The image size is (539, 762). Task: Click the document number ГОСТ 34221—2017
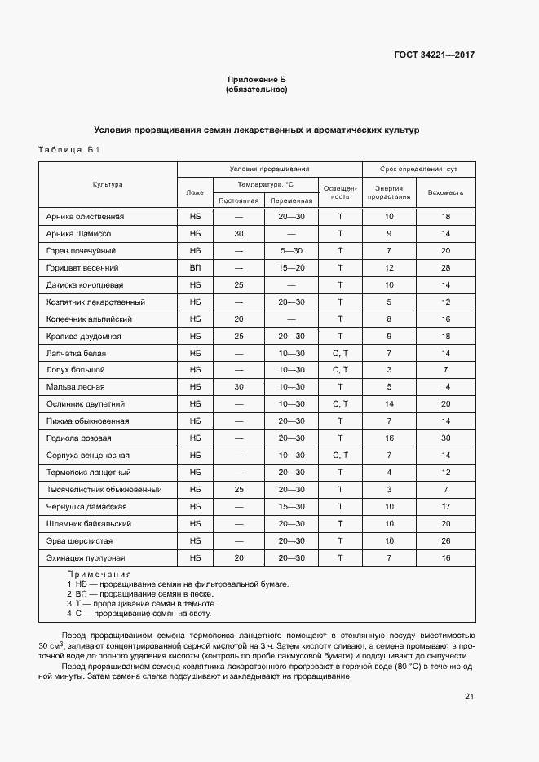[435, 55]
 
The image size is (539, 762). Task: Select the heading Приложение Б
[256, 79]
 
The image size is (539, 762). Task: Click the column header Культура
[108, 184]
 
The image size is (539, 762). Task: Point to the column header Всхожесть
[445, 192]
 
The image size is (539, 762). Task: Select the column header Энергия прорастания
[389, 192]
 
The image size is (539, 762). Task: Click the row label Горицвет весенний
[83, 267]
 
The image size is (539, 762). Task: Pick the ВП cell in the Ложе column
[195, 267]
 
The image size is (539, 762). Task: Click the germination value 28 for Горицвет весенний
[445, 267]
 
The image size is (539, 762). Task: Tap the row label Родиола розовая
[80, 438]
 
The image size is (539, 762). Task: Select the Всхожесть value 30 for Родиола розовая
[445, 438]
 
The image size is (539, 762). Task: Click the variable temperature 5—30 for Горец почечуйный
[291, 250]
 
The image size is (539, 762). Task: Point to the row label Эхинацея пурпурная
[86, 557]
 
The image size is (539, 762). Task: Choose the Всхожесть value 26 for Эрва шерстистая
[445, 540]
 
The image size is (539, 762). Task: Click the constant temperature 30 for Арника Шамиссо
[239, 233]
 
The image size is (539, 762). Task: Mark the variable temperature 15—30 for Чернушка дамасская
[291, 506]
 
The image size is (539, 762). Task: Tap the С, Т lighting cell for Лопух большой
[340, 370]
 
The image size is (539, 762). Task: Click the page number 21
[469, 696]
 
